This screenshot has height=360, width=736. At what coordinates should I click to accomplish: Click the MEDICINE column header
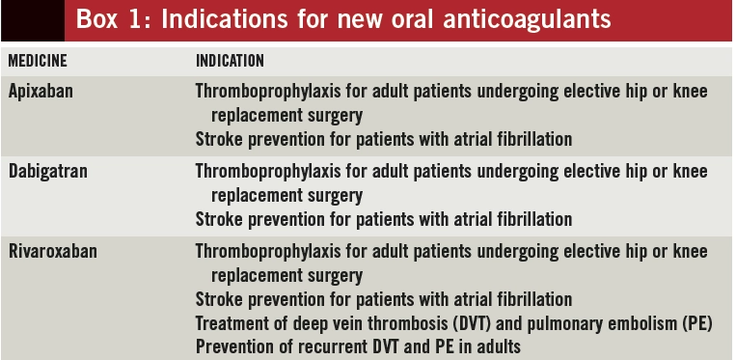coord(38,61)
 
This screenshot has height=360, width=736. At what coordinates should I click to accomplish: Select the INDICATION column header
coord(230,61)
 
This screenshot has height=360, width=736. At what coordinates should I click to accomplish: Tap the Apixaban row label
coord(41,91)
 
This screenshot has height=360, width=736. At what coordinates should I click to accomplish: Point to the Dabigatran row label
coord(48,171)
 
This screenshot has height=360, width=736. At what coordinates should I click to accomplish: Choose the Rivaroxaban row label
coord(52,251)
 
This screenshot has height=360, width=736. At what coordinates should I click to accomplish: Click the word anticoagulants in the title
coord(527,20)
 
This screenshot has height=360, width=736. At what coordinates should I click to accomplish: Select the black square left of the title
coord(33,20)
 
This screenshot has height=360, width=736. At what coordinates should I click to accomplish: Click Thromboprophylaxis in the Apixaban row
coord(268,92)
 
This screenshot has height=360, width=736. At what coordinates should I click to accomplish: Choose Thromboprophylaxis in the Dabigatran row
coord(268,172)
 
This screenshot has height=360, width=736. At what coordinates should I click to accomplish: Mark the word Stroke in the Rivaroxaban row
coord(217,299)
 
